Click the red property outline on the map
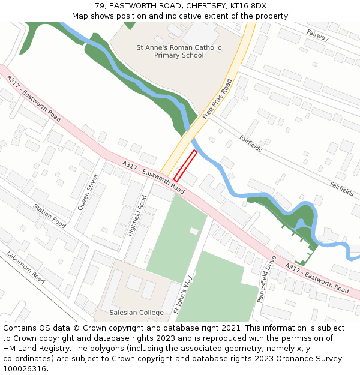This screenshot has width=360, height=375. point(185,166)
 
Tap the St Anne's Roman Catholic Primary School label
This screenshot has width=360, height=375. point(179,52)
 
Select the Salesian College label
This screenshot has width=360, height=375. point(136,313)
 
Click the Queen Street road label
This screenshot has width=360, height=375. point(87,192)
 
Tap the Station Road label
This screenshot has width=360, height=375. point(50,216)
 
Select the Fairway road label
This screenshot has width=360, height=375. point(317,35)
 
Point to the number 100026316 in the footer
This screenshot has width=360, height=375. point(25,368)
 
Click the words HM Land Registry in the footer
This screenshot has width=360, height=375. point(31,349)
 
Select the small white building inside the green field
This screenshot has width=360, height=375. point(194,231)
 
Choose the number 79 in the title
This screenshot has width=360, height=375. point(99,6)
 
